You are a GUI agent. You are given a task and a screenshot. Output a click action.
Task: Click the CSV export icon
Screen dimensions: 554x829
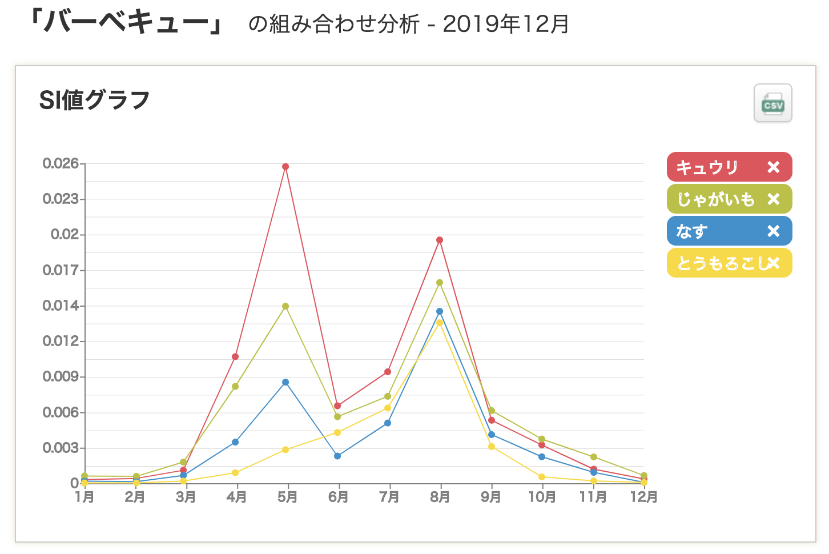[772, 103]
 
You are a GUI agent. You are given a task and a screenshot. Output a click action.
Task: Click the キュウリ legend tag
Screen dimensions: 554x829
[708, 167]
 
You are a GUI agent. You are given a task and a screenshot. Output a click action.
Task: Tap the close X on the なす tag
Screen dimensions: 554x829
[774, 231]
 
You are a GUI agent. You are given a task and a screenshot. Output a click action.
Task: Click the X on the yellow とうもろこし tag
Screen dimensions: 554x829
[774, 263]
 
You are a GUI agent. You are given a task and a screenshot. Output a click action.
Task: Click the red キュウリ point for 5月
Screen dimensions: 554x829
[285, 167]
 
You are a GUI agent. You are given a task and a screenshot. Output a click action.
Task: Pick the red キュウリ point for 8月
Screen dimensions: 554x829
[440, 240]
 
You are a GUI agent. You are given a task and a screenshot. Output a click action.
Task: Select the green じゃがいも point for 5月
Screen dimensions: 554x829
[285, 306]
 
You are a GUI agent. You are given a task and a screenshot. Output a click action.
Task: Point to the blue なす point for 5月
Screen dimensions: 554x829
[285, 382]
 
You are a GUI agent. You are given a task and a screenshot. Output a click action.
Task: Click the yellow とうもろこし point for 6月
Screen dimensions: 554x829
[337, 432]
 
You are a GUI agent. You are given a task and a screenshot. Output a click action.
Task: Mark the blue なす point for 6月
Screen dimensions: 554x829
[337, 456]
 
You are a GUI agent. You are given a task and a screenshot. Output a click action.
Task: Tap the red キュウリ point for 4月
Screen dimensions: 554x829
[235, 357]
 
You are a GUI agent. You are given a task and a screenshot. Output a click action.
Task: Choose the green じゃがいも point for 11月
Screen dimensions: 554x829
[594, 457]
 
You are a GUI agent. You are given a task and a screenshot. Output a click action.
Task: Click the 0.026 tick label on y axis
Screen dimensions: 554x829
[61, 164]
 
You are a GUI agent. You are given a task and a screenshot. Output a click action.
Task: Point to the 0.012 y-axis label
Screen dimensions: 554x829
[61, 342]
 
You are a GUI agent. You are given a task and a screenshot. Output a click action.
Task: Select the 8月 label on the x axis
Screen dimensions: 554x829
[440, 497]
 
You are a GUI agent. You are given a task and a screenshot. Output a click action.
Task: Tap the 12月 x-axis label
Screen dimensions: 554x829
[643, 497]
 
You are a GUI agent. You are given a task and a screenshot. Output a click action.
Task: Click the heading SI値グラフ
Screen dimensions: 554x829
[94, 101]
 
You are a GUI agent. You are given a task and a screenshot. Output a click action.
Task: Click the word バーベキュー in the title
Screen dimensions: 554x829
[127, 23]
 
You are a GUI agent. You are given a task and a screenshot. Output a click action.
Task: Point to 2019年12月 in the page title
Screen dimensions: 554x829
[506, 24]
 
